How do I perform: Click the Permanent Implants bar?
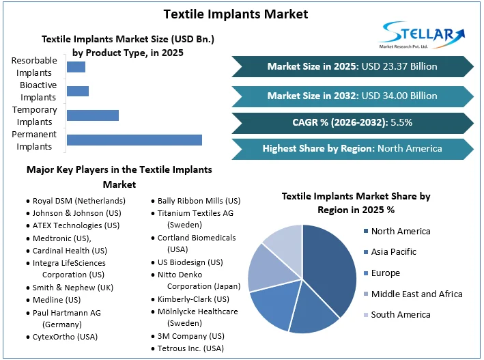(x=134, y=140)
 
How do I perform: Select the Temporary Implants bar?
(x=92, y=115)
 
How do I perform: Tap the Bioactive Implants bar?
(x=77, y=92)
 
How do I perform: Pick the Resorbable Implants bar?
(x=76, y=67)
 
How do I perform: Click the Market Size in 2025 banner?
(x=352, y=66)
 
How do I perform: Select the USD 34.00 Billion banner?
(x=352, y=96)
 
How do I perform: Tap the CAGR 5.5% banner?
(x=352, y=122)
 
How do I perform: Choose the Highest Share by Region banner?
(x=352, y=148)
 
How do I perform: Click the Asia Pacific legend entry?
(x=393, y=252)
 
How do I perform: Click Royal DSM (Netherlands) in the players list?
(x=79, y=201)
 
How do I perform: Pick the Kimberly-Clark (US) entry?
(x=193, y=299)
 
